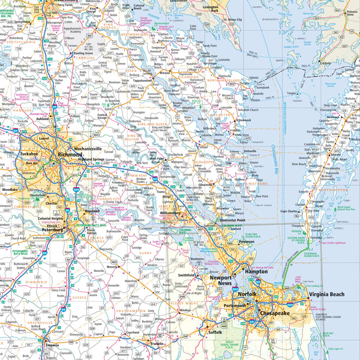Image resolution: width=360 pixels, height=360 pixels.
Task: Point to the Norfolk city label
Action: (245, 295)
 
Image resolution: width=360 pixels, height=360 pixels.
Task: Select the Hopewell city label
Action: (92, 212)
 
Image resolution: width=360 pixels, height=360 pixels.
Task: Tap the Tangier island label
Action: (292, 94)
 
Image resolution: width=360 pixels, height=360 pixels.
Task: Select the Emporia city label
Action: (52, 353)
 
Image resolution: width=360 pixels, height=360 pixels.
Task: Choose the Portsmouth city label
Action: (235, 306)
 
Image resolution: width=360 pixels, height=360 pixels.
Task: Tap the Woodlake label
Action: (10, 189)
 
